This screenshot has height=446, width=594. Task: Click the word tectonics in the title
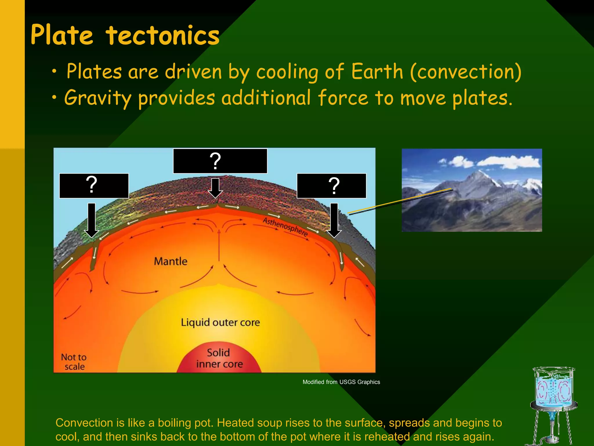pyautogui.click(x=162, y=35)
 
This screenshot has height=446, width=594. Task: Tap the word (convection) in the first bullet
pyautogui.click(x=466, y=72)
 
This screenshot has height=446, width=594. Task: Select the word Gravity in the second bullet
pyautogui.click(x=98, y=98)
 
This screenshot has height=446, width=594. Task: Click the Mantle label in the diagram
pyautogui.click(x=171, y=261)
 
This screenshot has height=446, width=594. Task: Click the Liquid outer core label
pyautogui.click(x=220, y=322)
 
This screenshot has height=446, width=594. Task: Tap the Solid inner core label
pyautogui.click(x=219, y=358)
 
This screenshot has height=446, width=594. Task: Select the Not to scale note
pyautogui.click(x=74, y=362)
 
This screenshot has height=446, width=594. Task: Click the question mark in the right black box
pyautogui.click(x=334, y=186)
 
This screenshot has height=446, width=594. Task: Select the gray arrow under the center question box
pyautogui.click(x=215, y=188)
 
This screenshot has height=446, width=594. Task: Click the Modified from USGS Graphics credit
pyautogui.click(x=341, y=382)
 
